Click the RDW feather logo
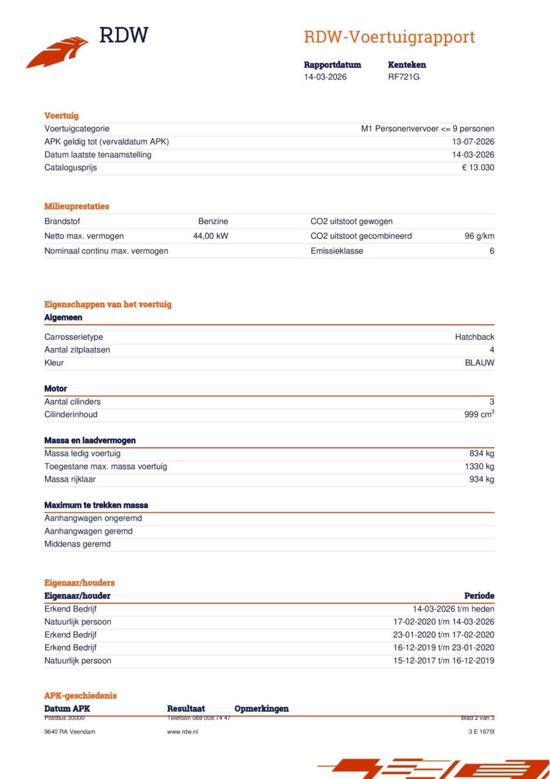click(57, 52)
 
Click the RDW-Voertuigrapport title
click(389, 37)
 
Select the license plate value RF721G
click(403, 77)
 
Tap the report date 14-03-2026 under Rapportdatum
click(325, 77)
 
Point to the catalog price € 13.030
click(478, 167)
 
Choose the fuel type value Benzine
click(213, 222)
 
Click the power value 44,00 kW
click(211, 236)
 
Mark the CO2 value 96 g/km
click(479, 236)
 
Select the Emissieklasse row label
click(336, 251)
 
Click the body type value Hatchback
click(475, 337)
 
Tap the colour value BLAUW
click(479, 363)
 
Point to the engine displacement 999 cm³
click(479, 414)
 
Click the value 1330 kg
click(479, 466)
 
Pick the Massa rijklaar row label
click(70, 479)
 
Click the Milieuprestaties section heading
click(77, 206)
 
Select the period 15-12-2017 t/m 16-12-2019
click(444, 660)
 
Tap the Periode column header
click(479, 596)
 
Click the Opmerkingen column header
click(262, 708)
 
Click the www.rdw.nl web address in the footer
click(183, 732)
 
